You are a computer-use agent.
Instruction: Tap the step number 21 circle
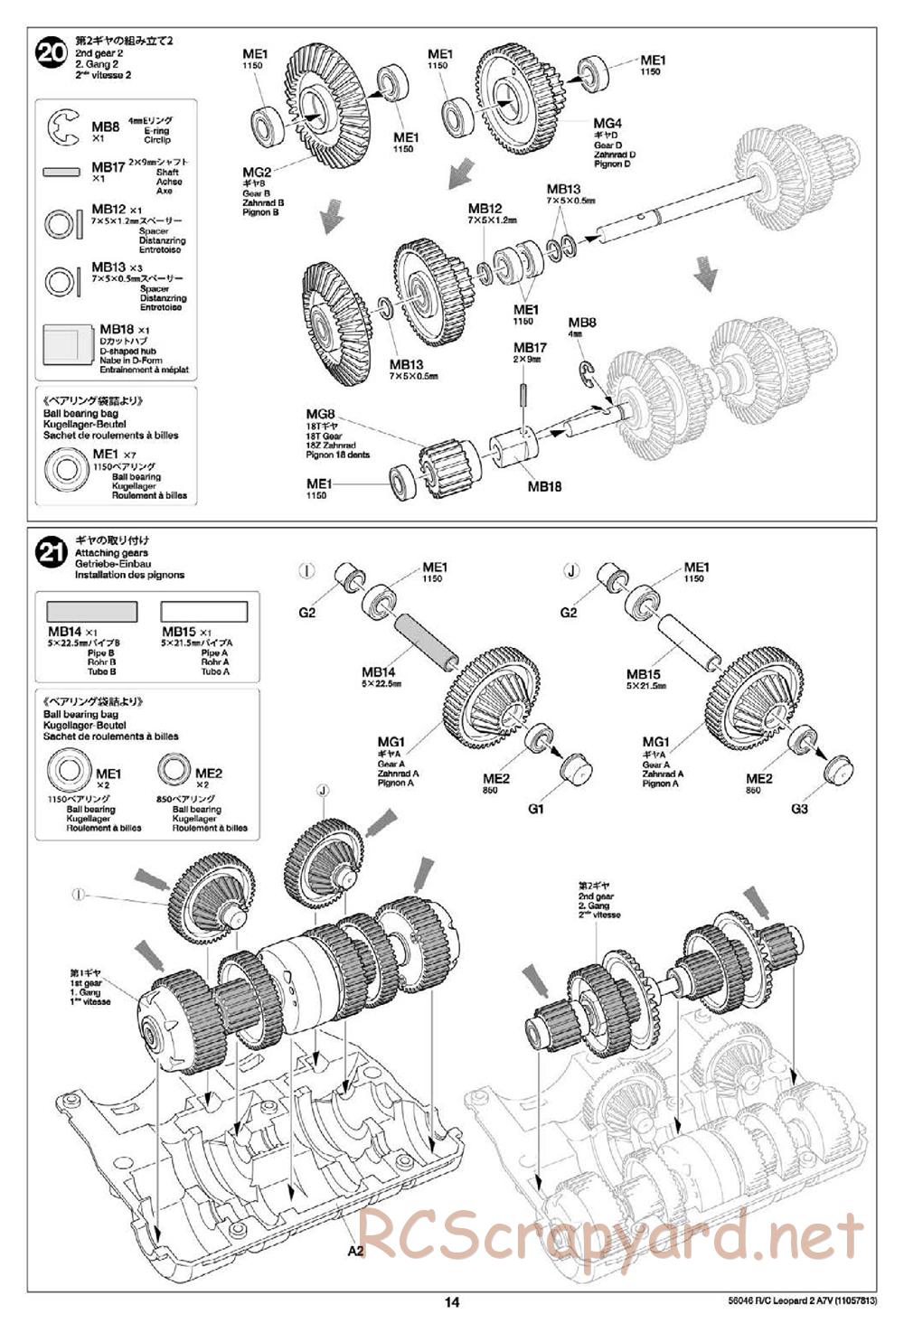click(x=52, y=551)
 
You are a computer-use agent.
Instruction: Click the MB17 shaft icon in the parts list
click(x=63, y=171)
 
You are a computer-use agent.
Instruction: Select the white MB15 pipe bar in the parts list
click(x=203, y=612)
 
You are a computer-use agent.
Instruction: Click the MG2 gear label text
click(x=257, y=173)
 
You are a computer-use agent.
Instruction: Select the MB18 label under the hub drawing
click(x=545, y=486)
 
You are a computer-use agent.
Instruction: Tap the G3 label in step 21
click(x=798, y=809)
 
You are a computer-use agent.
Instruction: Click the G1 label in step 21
click(x=535, y=809)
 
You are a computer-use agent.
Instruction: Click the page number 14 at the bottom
click(x=452, y=1302)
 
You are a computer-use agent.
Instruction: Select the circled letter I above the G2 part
click(x=307, y=570)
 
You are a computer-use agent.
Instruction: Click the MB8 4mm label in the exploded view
click(x=581, y=323)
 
